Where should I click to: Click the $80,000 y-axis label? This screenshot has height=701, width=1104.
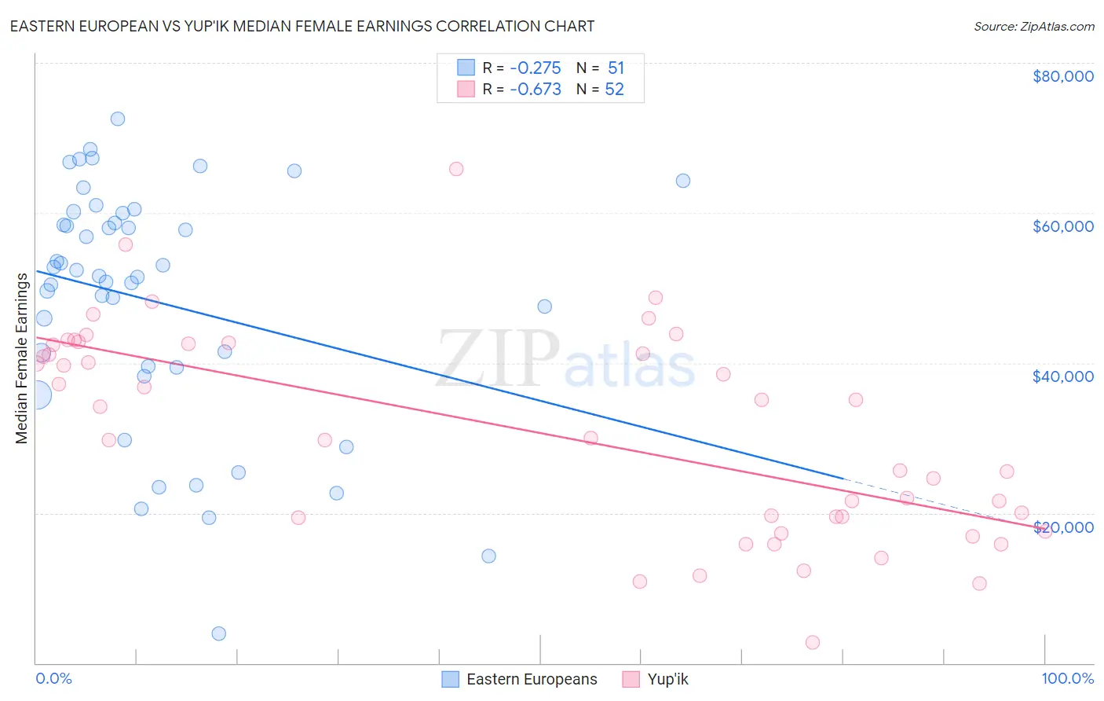click(x=1062, y=76)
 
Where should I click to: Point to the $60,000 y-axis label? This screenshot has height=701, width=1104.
click(x=1062, y=226)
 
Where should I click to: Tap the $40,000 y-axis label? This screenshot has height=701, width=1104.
click(x=1062, y=376)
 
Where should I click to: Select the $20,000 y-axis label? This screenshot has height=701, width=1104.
click(x=1062, y=527)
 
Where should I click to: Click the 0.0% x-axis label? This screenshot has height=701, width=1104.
click(x=53, y=679)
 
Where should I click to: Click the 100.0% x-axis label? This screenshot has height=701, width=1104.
click(x=1067, y=679)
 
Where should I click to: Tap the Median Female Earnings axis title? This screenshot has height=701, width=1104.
click(x=22, y=358)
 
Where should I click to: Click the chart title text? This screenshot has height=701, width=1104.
click(x=302, y=26)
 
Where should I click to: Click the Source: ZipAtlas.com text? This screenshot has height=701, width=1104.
click(x=1033, y=26)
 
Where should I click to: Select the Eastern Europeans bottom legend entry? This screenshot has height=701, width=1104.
click(x=519, y=679)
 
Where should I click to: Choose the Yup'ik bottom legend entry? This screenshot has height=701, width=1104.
click(x=655, y=679)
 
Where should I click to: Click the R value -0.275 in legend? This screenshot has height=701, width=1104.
click(x=535, y=68)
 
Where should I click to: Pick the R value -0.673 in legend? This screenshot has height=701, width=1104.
click(x=535, y=89)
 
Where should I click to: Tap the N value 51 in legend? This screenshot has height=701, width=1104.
click(x=616, y=68)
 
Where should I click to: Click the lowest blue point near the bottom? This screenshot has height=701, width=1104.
click(x=219, y=633)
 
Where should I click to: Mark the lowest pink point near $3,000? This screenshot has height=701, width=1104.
click(x=813, y=642)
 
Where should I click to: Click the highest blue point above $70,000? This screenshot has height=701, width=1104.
click(x=118, y=119)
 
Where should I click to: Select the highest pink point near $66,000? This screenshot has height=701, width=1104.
click(x=456, y=169)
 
